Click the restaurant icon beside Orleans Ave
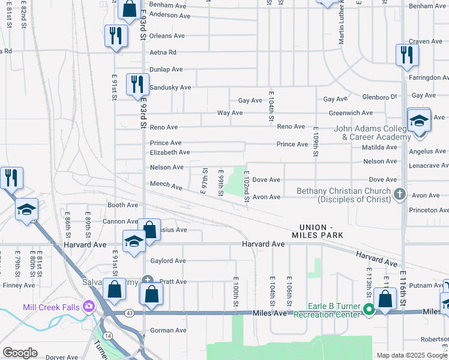(116, 35)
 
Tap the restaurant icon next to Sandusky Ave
(137, 85)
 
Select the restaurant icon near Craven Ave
(407, 55)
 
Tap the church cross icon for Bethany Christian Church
(400, 194)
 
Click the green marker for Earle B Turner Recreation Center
(370, 310)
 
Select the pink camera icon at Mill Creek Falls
(89, 307)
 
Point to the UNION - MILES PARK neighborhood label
(321, 231)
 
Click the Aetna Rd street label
(163, 53)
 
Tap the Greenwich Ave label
(350, 113)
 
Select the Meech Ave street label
(166, 186)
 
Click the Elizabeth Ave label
(170, 152)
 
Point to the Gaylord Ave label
(167, 261)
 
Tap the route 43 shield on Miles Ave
(130, 313)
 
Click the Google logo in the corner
(20, 353)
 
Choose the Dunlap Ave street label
(166, 70)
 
